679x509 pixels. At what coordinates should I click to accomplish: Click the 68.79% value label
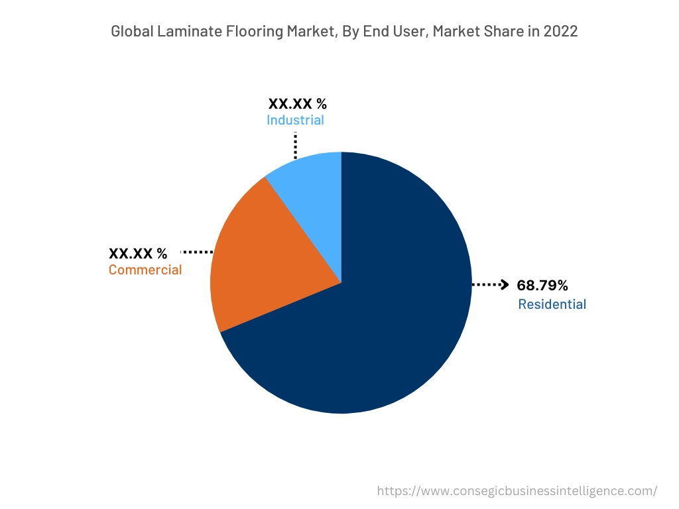click(x=542, y=286)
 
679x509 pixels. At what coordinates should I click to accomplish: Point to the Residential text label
click(x=552, y=304)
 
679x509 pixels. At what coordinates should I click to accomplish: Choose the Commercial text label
click(x=145, y=270)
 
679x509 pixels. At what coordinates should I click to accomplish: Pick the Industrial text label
click(x=295, y=120)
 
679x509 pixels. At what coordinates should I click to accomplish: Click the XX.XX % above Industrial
click(x=297, y=103)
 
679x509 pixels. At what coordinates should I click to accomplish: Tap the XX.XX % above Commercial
click(x=138, y=253)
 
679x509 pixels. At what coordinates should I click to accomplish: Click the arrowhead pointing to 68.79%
click(x=504, y=285)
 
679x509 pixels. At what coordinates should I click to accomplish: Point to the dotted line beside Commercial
click(x=196, y=253)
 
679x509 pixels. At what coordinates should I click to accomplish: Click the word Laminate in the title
click(x=181, y=31)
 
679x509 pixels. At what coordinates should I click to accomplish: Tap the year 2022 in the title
click(x=561, y=31)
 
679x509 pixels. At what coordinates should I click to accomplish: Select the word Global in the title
click(x=130, y=31)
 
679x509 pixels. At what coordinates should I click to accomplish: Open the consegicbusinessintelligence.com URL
click(x=517, y=491)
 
